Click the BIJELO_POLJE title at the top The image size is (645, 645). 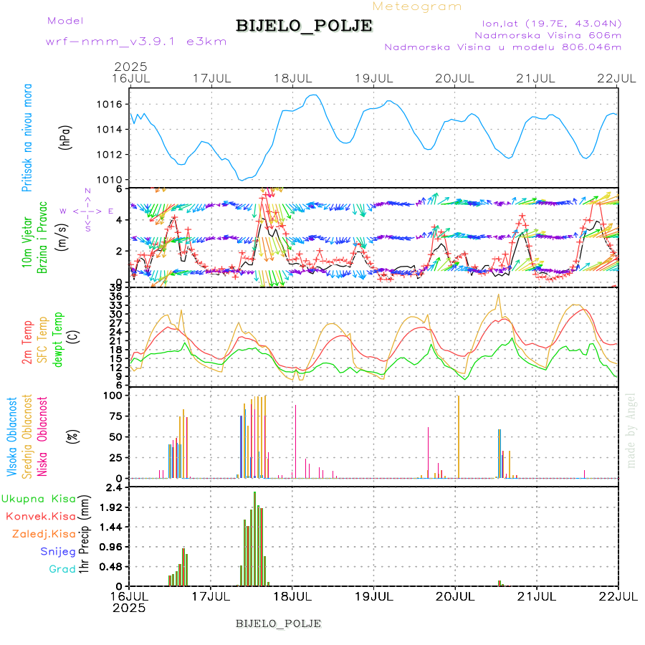pyautogui.click(x=304, y=26)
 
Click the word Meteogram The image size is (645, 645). pyautogui.click(x=418, y=6)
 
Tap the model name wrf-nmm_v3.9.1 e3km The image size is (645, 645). pyautogui.click(x=136, y=42)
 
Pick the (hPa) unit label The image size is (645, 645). pyautogui.click(x=66, y=143)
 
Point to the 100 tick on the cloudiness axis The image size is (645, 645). pyautogui.click(x=114, y=395)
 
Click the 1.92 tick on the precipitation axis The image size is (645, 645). pyautogui.click(x=110, y=507)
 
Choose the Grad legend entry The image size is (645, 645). pyautogui.click(x=62, y=569)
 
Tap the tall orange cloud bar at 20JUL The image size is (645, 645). pyautogui.click(x=458, y=437)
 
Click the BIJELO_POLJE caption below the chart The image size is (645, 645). pyautogui.click(x=278, y=623)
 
